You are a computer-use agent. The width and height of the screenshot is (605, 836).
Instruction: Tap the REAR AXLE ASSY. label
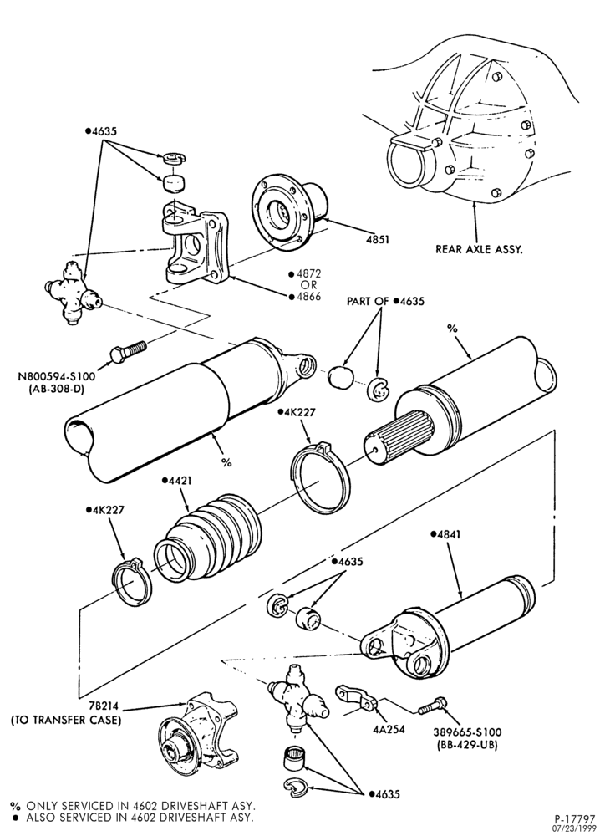(479, 249)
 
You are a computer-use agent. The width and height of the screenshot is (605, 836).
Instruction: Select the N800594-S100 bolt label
(57, 376)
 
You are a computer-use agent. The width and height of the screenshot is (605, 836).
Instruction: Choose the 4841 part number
(445, 534)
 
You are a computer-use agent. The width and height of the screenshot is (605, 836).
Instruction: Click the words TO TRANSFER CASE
(67, 721)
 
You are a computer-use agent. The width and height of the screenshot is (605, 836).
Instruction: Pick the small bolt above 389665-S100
(432, 706)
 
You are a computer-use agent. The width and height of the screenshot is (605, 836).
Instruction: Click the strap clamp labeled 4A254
(355, 698)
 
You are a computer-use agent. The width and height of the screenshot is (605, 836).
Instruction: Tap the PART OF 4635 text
(385, 301)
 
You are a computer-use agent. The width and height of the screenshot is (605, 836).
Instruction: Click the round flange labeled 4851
(288, 208)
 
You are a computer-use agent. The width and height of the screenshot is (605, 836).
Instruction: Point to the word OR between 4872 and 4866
(308, 285)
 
